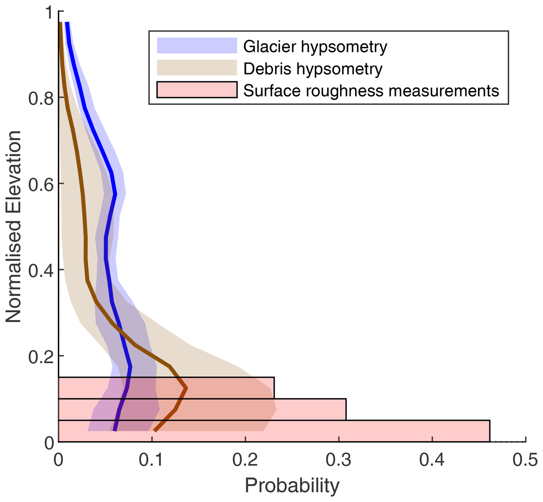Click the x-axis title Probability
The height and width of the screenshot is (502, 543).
(x=292, y=485)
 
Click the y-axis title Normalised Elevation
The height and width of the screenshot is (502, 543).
(x=13, y=227)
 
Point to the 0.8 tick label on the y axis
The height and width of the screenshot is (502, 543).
(x=41, y=98)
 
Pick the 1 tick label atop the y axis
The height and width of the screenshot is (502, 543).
(x=49, y=13)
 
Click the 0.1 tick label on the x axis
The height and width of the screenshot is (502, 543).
(x=152, y=459)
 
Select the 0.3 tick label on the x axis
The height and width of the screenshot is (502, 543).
(x=338, y=459)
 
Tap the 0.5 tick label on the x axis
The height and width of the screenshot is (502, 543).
(x=525, y=459)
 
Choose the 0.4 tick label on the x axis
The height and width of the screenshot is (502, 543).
(x=432, y=459)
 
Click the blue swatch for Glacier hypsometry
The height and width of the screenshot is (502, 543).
(x=197, y=45)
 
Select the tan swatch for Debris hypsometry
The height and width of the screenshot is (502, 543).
(x=197, y=67)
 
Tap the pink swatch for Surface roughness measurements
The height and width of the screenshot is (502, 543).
(x=197, y=90)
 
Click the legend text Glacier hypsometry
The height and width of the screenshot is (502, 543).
(x=315, y=47)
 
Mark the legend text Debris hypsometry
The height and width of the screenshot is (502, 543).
(x=313, y=69)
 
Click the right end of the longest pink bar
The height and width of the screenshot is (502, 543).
(x=489, y=431)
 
